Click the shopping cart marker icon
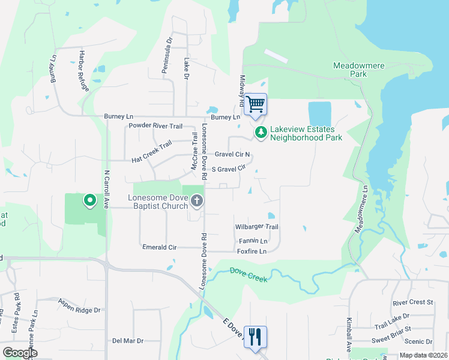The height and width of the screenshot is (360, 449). [x=256, y=104]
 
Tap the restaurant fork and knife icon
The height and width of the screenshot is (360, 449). [x=255, y=337]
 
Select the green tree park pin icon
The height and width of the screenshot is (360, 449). [x=261, y=132]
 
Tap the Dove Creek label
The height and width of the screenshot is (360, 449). [x=248, y=275]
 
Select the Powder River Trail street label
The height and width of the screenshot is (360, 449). [x=155, y=126]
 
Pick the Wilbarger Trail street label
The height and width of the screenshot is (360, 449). [x=257, y=227]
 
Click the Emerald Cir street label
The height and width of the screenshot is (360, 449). [x=159, y=247]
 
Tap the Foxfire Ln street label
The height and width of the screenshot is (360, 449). [x=252, y=251]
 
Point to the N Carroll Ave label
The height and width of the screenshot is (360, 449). [x=106, y=189]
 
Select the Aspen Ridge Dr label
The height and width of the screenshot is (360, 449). [x=79, y=305]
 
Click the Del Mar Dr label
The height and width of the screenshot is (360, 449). [x=128, y=341]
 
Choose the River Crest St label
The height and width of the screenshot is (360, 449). [x=412, y=302]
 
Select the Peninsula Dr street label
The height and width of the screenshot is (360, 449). [x=167, y=56]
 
